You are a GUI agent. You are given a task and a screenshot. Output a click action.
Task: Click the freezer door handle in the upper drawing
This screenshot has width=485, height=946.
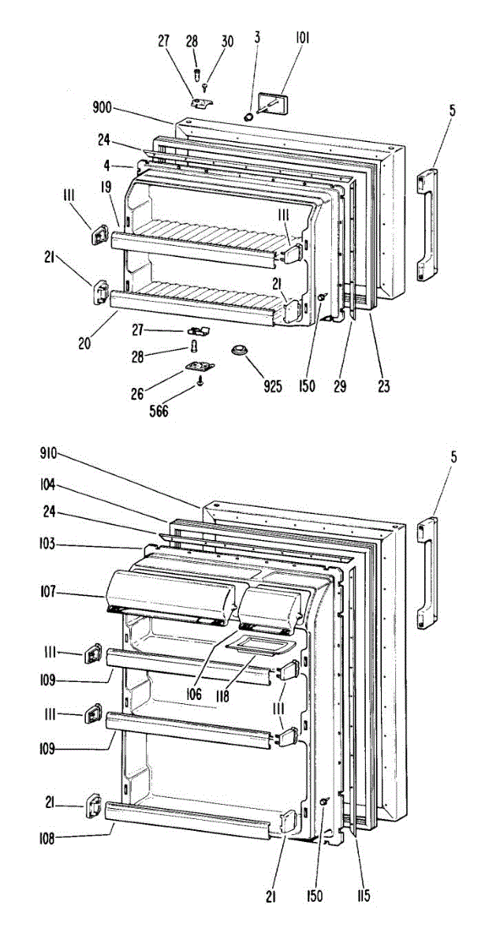click(x=427, y=225)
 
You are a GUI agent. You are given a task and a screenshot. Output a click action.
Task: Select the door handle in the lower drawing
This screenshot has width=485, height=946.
click(x=426, y=575)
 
